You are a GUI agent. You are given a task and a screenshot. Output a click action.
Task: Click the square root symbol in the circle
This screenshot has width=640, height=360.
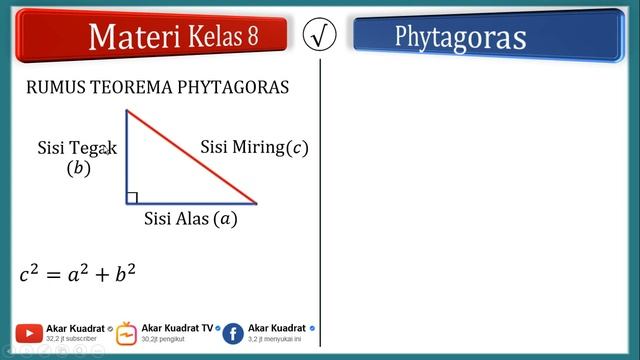[x=320, y=36]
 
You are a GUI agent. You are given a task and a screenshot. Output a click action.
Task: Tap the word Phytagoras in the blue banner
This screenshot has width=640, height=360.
[x=460, y=37]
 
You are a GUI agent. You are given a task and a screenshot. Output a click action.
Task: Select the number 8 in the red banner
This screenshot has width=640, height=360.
[x=252, y=36]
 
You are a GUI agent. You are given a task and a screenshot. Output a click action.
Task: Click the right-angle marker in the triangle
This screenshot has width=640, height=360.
[x=132, y=197]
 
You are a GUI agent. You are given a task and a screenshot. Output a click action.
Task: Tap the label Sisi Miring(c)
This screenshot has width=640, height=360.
[x=254, y=148]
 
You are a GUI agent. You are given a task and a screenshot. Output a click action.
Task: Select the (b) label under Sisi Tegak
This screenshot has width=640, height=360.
[x=78, y=168]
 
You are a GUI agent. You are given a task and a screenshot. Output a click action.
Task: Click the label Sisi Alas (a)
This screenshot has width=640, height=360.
[x=191, y=218]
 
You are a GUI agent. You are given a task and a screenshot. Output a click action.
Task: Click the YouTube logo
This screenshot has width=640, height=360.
[x=29, y=334]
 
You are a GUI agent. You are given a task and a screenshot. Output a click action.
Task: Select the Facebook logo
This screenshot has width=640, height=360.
[x=233, y=334]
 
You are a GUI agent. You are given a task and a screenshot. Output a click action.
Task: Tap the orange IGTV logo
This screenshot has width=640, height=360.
[x=127, y=333]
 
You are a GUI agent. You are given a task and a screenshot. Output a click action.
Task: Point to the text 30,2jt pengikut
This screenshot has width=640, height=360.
[x=164, y=340]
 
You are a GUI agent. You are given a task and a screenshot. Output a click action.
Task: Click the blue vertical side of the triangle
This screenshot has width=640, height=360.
[x=126, y=156]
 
